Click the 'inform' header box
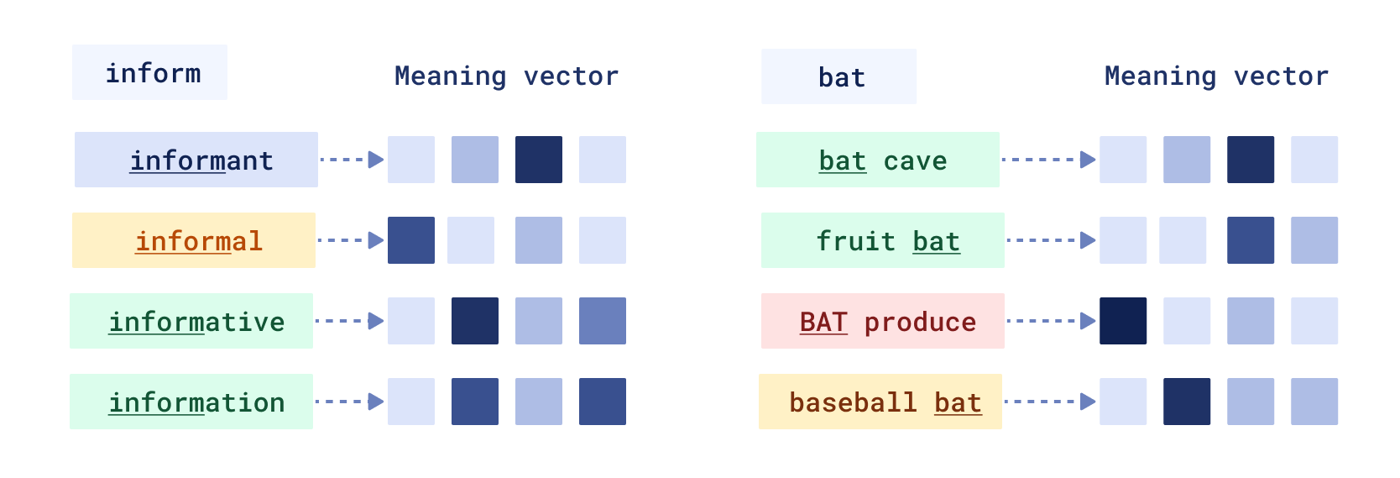[149, 73]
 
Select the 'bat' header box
[838, 77]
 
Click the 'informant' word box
[196, 160]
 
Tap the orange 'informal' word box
[194, 240]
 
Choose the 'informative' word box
[191, 321]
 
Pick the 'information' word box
[191, 402]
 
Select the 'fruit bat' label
[883, 240]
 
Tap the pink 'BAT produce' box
[883, 321]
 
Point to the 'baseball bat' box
[880, 402]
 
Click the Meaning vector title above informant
[506, 76]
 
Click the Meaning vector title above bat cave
[1216, 76]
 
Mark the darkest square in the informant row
[539, 160]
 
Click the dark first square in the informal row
[411, 240]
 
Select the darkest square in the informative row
[475, 321]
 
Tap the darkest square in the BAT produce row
[1123, 321]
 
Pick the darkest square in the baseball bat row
[1187, 402]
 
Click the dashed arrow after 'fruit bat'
[1051, 240]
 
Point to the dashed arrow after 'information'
[349, 402]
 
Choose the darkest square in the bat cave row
[1251, 160]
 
